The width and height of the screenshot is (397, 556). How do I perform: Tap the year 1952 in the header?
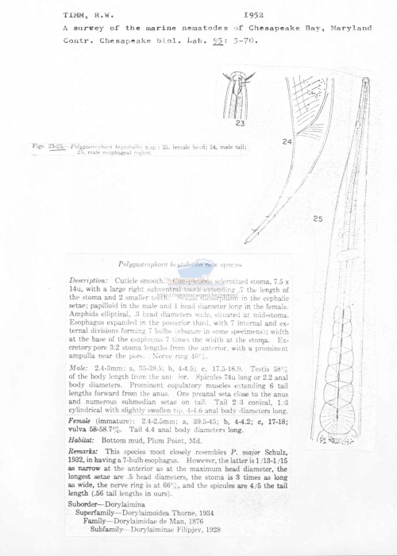coord(254,15)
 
